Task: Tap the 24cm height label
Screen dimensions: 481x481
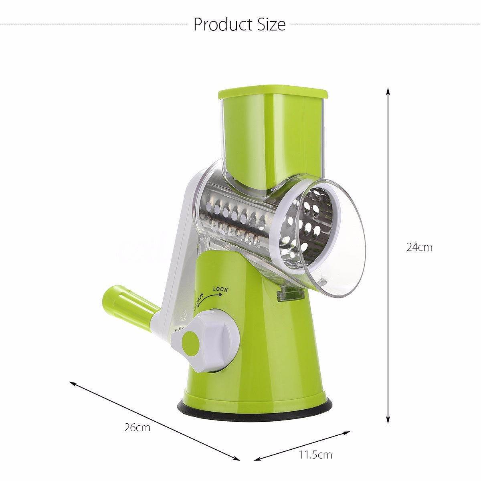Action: coord(419,247)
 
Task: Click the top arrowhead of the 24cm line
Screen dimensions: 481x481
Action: coord(388,90)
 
